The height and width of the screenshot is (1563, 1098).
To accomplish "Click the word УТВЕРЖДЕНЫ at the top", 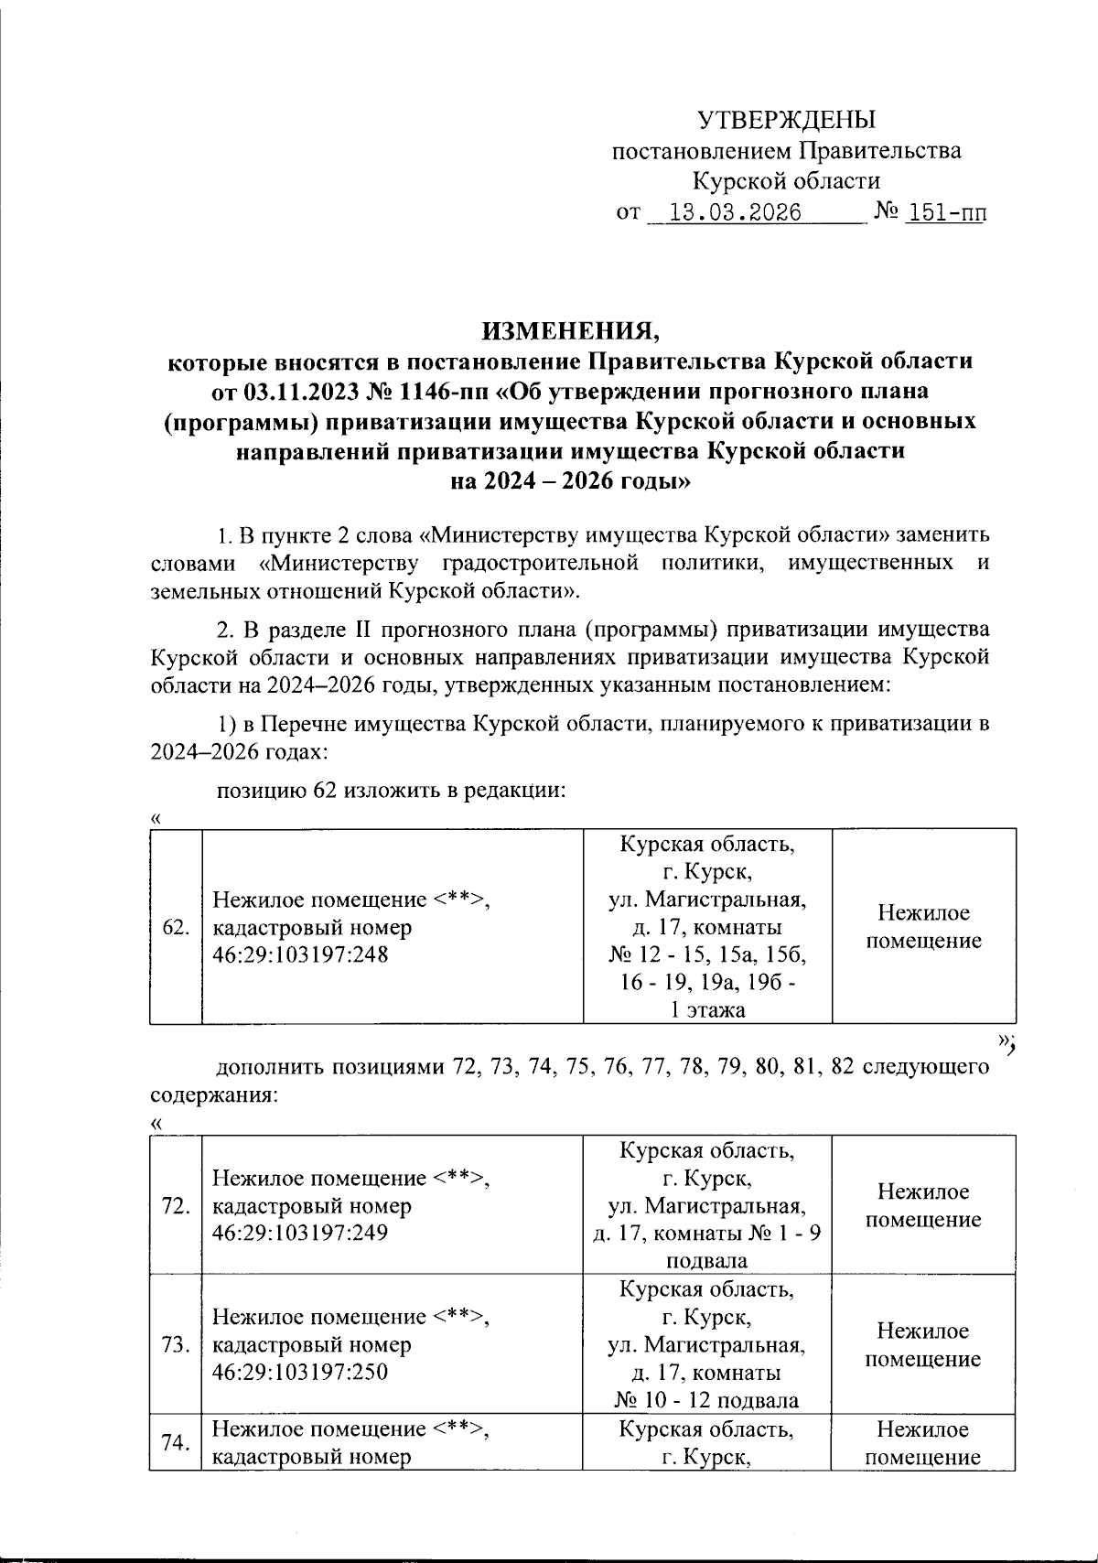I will (786, 120).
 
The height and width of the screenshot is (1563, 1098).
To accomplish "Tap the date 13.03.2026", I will (736, 214).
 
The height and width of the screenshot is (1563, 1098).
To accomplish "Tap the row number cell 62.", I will (175, 927).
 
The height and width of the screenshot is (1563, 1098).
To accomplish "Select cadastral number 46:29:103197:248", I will (300, 955).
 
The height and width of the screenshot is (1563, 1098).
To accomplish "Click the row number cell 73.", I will (175, 1345).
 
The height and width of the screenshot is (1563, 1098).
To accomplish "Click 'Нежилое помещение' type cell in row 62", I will (923, 927).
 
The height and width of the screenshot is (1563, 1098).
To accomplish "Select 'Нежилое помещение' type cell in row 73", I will (923, 1345).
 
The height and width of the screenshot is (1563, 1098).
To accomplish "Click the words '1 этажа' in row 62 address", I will (707, 1010).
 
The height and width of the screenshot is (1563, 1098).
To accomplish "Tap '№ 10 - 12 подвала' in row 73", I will (707, 1400).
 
